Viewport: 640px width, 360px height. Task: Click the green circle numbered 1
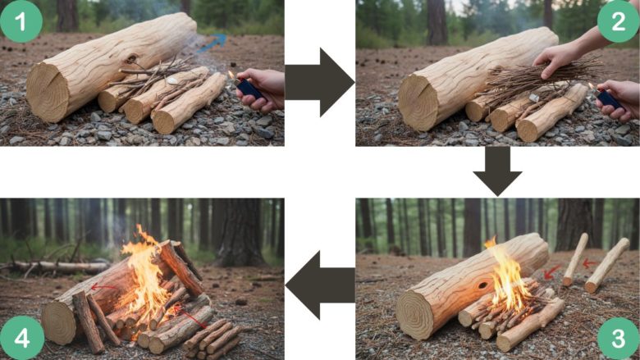(x=21, y=21)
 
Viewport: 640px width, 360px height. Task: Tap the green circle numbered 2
(x=619, y=21)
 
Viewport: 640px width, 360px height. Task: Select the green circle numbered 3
(x=619, y=339)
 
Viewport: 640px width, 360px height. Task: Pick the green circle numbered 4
(x=21, y=338)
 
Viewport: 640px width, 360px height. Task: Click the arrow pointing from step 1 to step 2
(x=320, y=82)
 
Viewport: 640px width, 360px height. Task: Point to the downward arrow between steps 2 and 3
(x=497, y=171)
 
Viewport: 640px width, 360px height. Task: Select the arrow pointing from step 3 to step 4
(x=320, y=285)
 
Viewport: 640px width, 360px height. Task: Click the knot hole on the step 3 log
(x=482, y=285)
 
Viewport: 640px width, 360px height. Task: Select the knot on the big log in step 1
(x=131, y=59)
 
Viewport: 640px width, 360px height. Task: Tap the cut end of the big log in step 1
(x=48, y=93)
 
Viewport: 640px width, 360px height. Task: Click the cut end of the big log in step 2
(x=418, y=102)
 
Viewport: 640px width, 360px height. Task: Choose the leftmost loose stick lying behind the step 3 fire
(x=575, y=259)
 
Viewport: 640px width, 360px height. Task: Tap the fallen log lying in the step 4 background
(x=57, y=267)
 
